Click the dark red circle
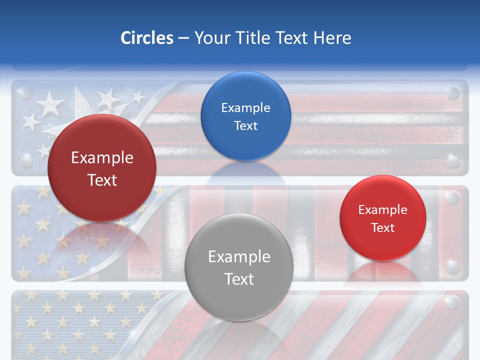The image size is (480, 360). tap(102, 168)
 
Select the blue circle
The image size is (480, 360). tap(245, 116)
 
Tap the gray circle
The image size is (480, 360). tap(239, 267)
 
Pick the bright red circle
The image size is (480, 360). tap(383, 218)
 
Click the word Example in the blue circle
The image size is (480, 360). tap(245, 107)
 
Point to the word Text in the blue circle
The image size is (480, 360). tap(245, 125)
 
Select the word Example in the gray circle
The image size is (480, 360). tap(239, 256)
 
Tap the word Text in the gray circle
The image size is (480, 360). tap(239, 278)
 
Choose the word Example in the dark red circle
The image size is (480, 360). tap(102, 157)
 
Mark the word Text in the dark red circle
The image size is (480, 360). tap(102, 179)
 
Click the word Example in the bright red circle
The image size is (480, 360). tap(383, 209)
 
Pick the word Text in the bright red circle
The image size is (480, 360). tap(383, 227)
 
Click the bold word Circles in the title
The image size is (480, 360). tap(147, 38)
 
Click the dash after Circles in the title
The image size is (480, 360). tap(183, 38)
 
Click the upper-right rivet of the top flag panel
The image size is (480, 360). tap(453, 92)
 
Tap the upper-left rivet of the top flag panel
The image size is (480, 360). tap(25, 92)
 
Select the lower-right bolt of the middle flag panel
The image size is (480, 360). tap(453, 267)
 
